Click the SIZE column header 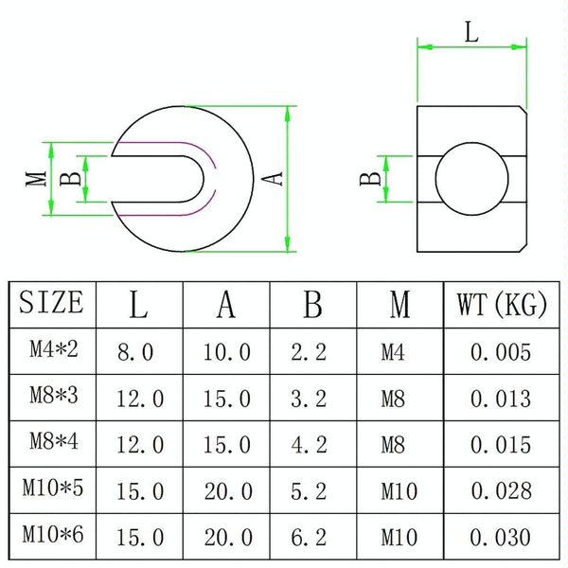tap(51, 302)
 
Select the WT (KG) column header tap(502, 304)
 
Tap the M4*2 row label tap(54, 349)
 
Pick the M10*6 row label tap(53, 534)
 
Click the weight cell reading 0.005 tap(501, 352)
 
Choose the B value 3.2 tap(309, 399)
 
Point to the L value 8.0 tap(135, 352)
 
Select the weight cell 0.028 tap(502, 491)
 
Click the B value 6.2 tap(309, 538)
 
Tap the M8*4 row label tap(54, 441)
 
